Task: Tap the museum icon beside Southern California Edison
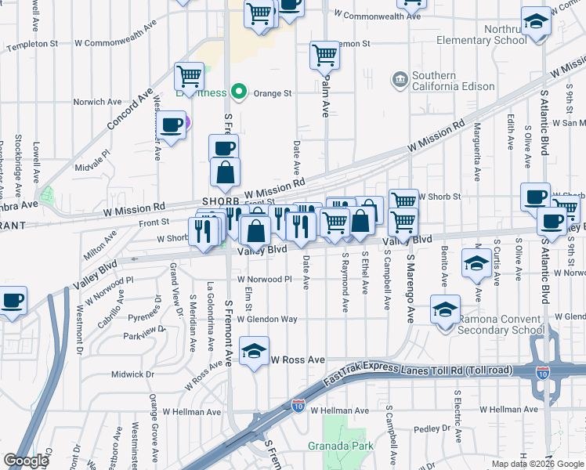[400, 79]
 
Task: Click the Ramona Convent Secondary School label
[501, 324]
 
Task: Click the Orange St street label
[270, 93]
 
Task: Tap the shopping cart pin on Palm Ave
[324, 56]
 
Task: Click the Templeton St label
[32, 46]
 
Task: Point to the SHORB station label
[219, 201]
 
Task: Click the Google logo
[26, 461]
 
